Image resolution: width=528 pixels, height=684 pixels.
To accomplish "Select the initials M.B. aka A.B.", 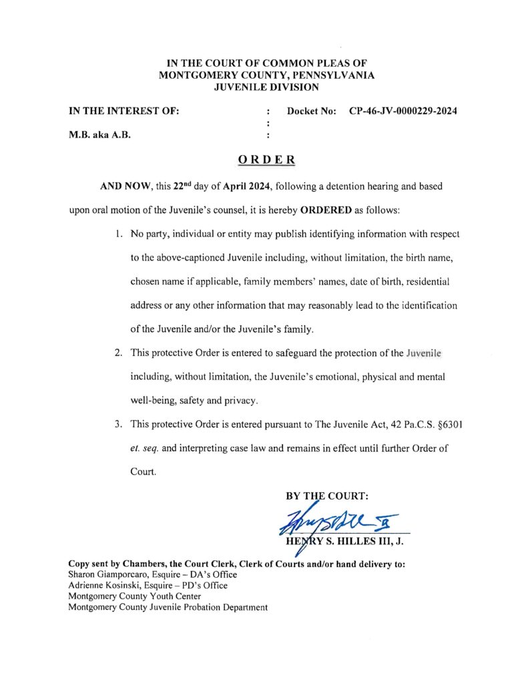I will (x=99, y=135).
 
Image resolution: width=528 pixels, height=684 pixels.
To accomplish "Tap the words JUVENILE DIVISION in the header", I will (x=266, y=87).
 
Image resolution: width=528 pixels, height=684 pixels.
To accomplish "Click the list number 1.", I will (x=117, y=234).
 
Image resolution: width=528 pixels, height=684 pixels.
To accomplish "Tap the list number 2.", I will (x=117, y=352).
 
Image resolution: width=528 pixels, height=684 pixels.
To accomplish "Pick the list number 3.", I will (x=117, y=423).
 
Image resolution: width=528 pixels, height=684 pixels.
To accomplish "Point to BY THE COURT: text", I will (x=326, y=496).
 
